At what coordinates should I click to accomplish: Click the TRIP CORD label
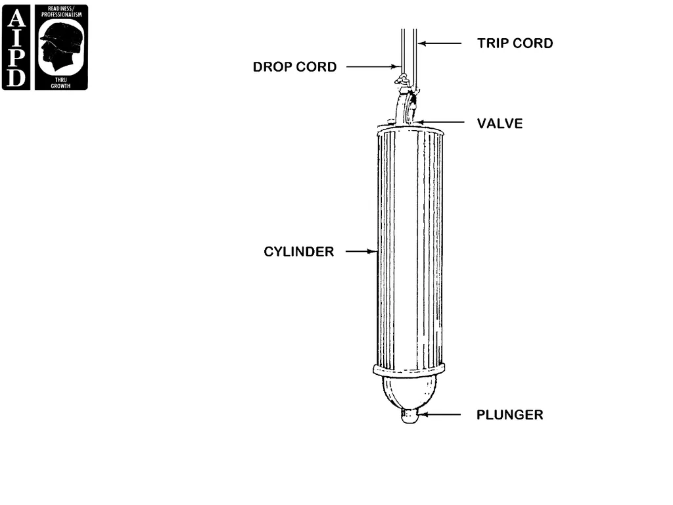tap(515, 43)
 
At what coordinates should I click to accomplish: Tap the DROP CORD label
tap(294, 67)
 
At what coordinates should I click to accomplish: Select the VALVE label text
tap(500, 124)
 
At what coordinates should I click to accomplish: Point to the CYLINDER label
tap(299, 252)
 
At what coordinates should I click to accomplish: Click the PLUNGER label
tap(510, 415)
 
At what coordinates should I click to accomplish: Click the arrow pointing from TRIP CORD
tap(440, 43)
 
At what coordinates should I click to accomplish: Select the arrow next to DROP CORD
tap(373, 66)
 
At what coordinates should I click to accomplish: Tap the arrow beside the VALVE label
tap(440, 122)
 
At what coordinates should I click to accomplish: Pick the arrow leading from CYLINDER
tap(361, 251)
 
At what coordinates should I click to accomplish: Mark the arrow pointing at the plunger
tap(439, 414)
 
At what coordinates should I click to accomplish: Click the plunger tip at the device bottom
tap(409, 416)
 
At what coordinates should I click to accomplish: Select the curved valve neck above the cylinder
tap(404, 107)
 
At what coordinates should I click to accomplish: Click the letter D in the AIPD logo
tap(16, 78)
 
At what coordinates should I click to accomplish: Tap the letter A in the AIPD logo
tap(16, 18)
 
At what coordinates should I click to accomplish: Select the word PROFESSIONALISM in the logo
tap(61, 14)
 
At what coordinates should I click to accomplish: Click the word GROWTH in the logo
tap(60, 86)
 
